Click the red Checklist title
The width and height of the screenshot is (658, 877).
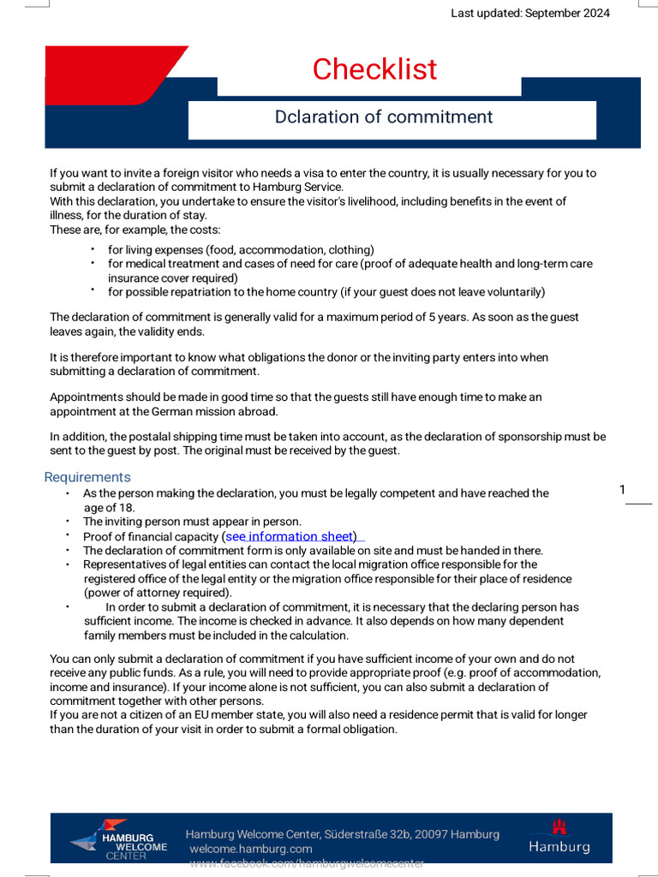[x=374, y=69]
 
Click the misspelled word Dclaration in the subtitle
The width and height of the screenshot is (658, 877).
[x=306, y=116]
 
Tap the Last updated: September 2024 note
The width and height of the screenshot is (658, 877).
[x=530, y=13]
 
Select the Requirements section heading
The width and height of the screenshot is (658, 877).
[x=87, y=477]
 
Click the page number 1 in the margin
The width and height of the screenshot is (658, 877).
[x=623, y=490]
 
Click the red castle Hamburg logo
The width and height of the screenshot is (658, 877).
[x=559, y=837]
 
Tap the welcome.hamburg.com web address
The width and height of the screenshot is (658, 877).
[x=251, y=848]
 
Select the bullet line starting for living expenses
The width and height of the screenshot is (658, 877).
[x=241, y=249]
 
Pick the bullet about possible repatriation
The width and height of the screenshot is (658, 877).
[x=326, y=292]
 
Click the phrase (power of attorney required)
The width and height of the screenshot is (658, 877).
[x=158, y=593]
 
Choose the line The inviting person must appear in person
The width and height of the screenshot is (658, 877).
[x=192, y=522]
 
